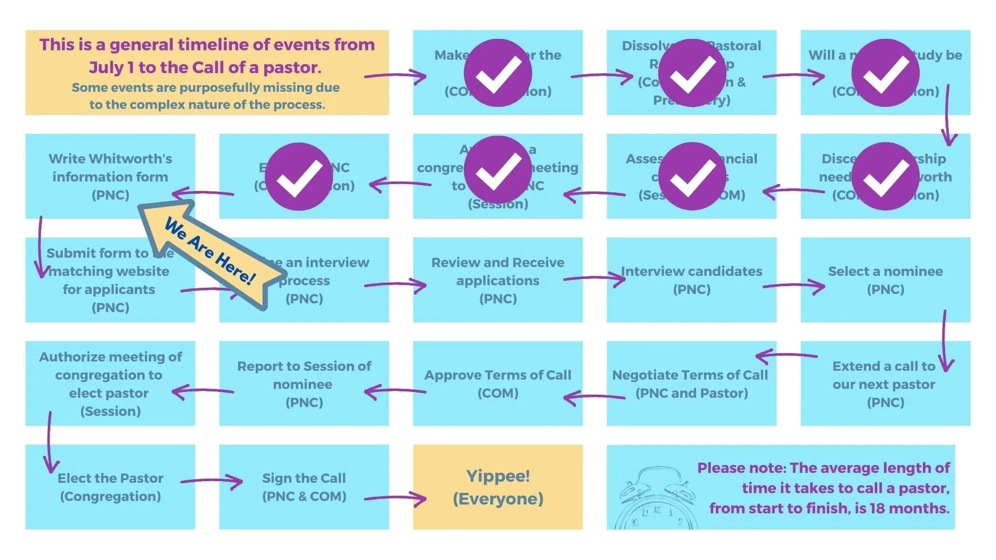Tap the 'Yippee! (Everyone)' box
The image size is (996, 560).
point(497,487)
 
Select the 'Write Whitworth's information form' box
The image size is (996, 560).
point(110,176)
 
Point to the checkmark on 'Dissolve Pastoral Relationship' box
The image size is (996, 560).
point(691,73)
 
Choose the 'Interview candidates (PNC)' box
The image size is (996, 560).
point(691,279)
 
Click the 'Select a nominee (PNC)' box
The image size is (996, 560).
point(885,279)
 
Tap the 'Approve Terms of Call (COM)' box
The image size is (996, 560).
point(497,383)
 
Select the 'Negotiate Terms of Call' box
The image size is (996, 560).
point(691,383)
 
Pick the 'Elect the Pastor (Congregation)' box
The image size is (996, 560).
point(110,487)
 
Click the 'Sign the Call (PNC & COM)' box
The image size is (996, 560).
point(304,487)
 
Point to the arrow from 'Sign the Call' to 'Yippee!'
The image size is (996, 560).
point(395,498)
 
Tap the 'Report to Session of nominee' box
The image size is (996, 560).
point(304,383)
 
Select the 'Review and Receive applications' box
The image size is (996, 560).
point(497,279)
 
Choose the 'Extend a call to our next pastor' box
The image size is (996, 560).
point(885,383)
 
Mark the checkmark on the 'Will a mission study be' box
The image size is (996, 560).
point(885,73)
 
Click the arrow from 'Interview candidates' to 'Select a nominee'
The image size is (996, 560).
point(794,286)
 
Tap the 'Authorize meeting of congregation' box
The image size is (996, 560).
point(110,383)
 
